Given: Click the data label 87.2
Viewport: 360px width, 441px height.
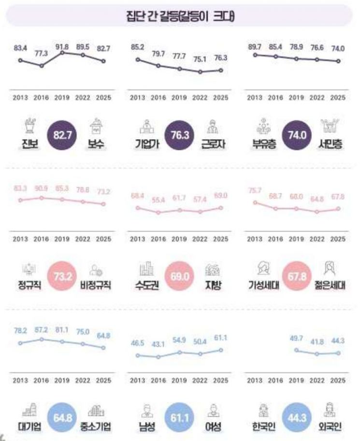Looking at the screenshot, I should click(x=42, y=329).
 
